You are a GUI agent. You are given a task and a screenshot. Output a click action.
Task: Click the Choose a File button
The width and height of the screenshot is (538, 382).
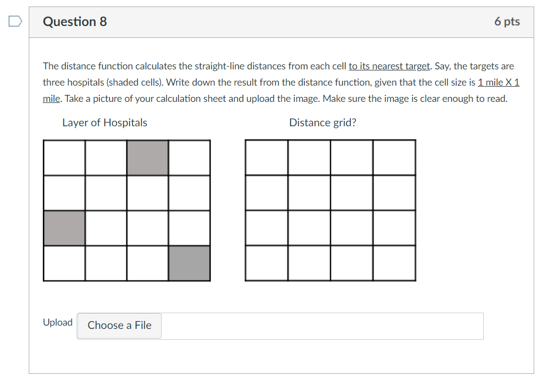click(119, 326)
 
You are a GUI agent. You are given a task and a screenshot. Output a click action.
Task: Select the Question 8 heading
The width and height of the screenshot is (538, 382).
click(75, 22)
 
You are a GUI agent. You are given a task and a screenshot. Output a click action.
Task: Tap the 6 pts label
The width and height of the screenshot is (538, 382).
click(507, 22)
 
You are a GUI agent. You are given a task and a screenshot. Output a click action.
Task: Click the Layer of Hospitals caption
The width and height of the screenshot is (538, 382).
click(105, 122)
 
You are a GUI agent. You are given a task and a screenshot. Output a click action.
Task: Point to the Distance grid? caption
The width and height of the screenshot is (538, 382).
click(323, 122)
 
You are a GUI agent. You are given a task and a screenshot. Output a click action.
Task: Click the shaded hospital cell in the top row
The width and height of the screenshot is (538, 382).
click(148, 158)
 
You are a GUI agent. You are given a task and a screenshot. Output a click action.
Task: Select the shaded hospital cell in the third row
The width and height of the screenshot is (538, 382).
click(64, 228)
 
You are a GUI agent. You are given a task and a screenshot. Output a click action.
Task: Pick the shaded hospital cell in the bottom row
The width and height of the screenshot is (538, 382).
click(189, 263)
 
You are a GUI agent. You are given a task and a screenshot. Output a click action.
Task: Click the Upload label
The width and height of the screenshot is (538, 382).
click(57, 322)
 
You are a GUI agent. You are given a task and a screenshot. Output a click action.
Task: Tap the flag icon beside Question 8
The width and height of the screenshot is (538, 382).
click(15, 22)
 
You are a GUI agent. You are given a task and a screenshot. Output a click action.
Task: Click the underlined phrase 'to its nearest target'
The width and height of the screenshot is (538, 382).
click(389, 66)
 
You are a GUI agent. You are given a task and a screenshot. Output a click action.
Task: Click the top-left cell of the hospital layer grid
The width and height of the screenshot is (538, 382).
click(64, 158)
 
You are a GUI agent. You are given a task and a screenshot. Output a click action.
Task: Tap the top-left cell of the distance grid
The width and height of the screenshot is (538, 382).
click(266, 158)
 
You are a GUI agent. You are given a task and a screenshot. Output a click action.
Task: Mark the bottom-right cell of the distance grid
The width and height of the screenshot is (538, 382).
click(394, 263)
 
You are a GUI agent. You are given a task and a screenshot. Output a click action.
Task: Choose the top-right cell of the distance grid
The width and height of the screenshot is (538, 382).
click(394, 158)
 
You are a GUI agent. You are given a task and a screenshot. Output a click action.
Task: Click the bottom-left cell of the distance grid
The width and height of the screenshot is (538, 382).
click(266, 263)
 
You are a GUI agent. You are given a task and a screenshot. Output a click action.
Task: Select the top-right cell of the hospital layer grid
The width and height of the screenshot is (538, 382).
click(189, 158)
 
